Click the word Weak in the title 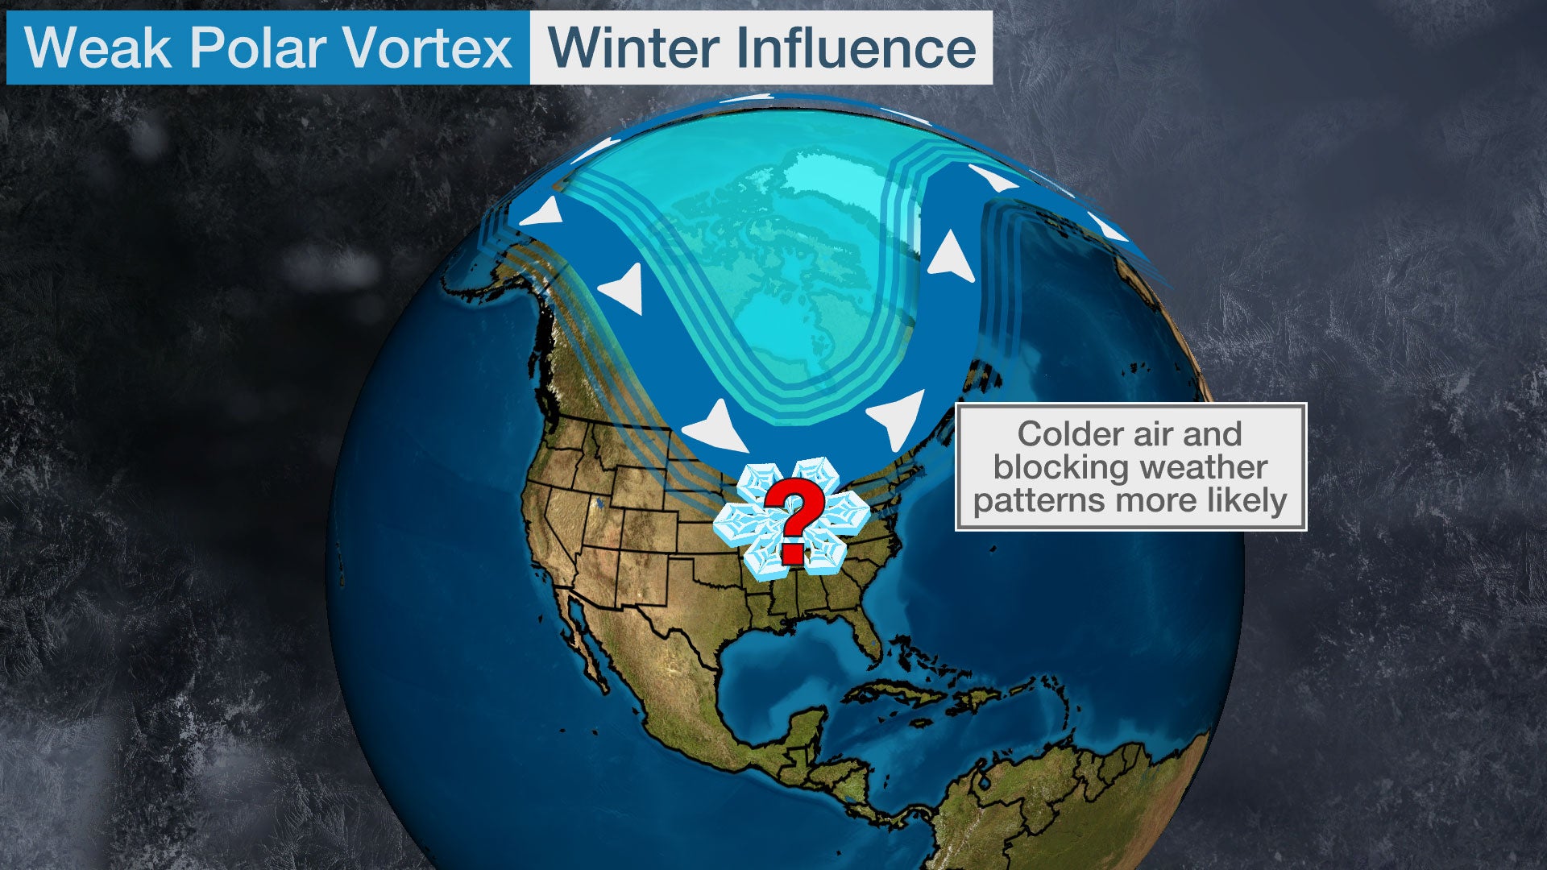pos(97,48)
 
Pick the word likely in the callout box pos(1246,501)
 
